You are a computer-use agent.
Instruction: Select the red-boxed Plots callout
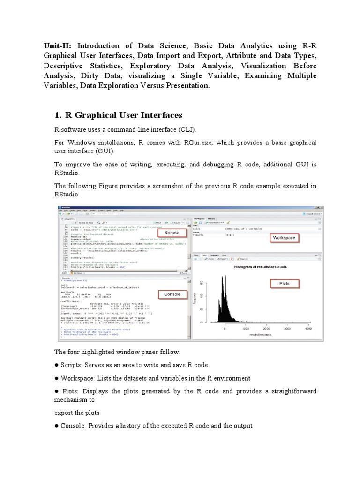(284, 284)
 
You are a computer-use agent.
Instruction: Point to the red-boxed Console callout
(172, 294)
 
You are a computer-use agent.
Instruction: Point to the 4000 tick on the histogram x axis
(308, 329)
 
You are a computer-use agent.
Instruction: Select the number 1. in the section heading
(58, 115)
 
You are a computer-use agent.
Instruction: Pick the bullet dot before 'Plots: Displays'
(57, 391)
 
